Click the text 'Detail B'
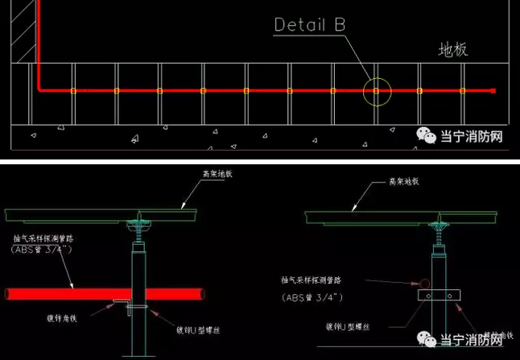pyautogui.click(x=309, y=25)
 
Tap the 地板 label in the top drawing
pyautogui.click(x=452, y=50)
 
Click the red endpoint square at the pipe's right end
pyautogui.click(x=493, y=91)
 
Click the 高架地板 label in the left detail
pyautogui.click(x=219, y=174)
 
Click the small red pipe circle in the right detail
pyautogui.click(x=423, y=283)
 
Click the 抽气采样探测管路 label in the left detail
pyautogui.click(x=44, y=238)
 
